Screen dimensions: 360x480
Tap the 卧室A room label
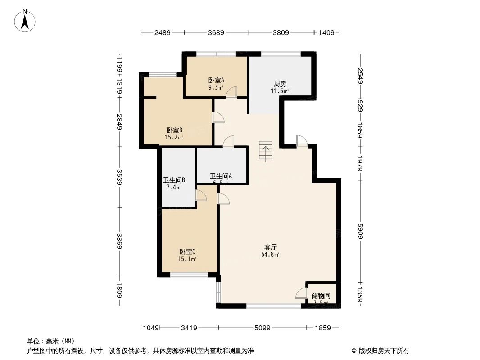(216, 80)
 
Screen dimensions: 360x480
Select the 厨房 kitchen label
(280, 84)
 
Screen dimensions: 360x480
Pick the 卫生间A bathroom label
(221, 176)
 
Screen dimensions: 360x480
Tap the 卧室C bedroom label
(187, 252)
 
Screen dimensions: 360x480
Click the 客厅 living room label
(270, 247)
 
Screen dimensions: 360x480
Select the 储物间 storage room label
(321, 296)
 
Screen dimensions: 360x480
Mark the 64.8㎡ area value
(270, 255)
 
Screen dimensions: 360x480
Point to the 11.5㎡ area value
(280, 91)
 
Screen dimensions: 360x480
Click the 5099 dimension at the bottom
(262, 328)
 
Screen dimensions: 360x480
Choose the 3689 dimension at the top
(216, 32)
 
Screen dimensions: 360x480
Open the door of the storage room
(301, 293)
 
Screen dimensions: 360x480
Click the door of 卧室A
(231, 91)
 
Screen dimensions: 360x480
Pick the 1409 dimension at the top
(326, 32)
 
